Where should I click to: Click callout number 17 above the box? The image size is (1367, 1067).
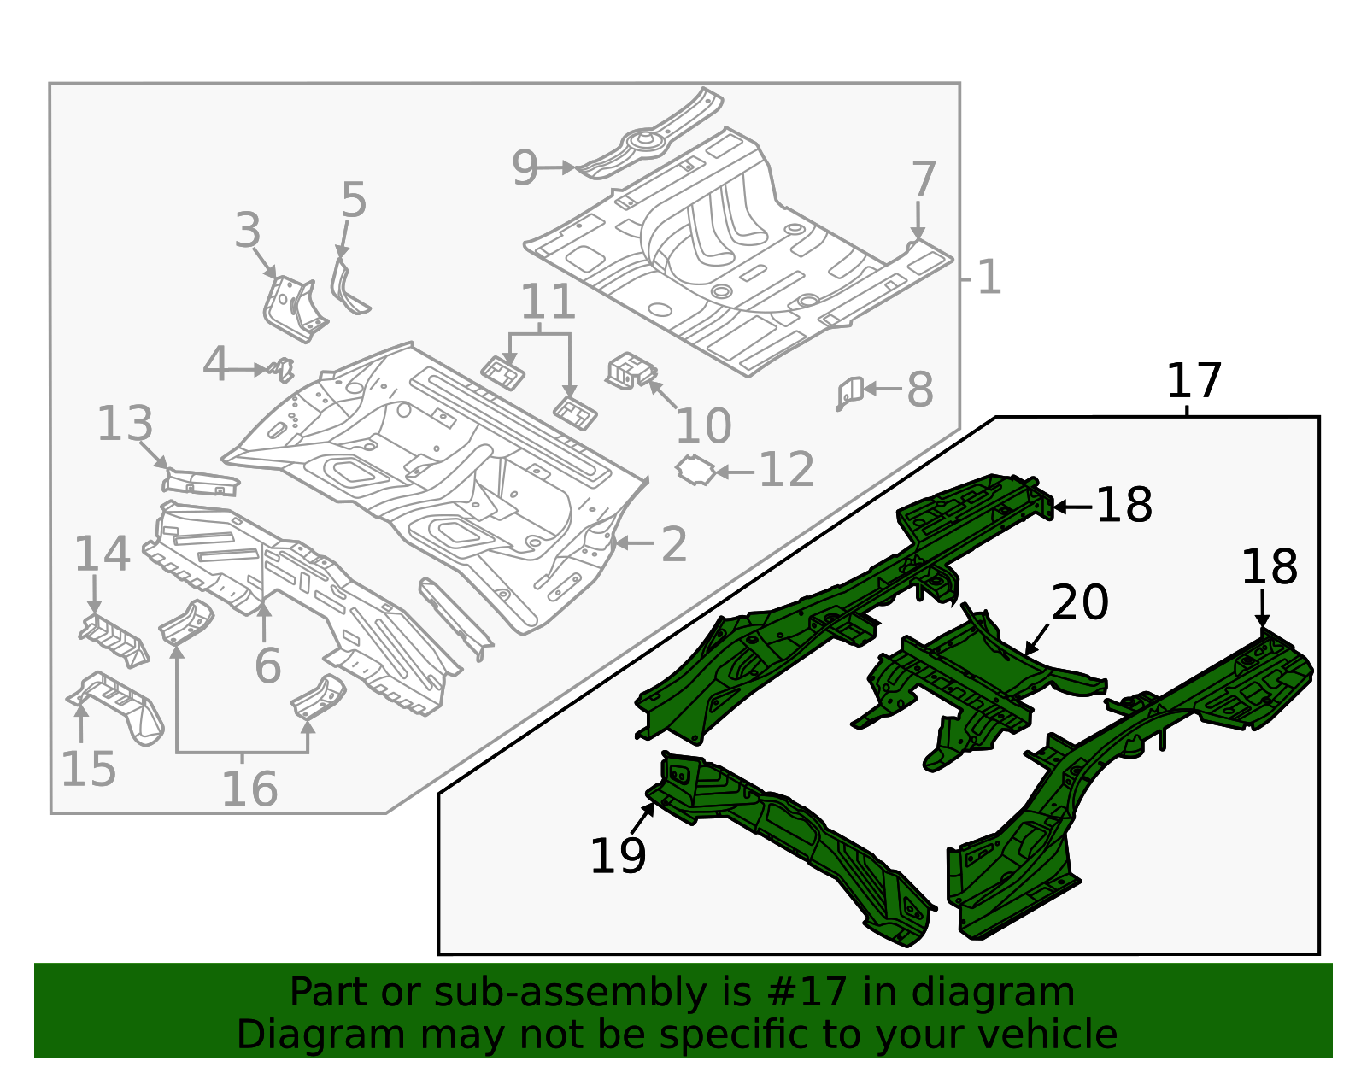(x=1194, y=381)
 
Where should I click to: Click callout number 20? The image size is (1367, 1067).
(x=1080, y=603)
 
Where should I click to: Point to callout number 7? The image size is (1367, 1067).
(x=924, y=180)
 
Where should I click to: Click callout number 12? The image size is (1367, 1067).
(x=786, y=470)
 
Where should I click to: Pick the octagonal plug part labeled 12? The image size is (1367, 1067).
(x=695, y=471)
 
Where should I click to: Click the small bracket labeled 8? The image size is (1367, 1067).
(x=848, y=394)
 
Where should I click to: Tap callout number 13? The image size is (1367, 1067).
(x=125, y=425)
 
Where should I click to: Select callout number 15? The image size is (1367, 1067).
(x=88, y=769)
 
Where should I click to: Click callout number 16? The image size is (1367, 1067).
(x=249, y=788)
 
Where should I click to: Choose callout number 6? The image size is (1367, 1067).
(x=267, y=665)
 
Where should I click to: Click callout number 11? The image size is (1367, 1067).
(x=548, y=302)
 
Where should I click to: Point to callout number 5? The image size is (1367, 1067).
(x=353, y=201)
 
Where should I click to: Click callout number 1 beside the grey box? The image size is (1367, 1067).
(x=989, y=278)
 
